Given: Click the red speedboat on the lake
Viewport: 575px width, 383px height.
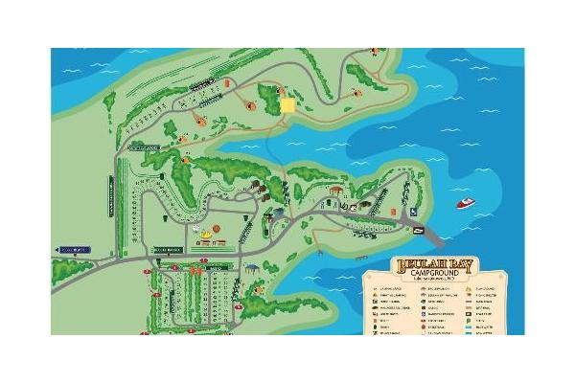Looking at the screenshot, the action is click(465, 203).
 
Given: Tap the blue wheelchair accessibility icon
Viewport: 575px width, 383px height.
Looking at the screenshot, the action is click(413, 212).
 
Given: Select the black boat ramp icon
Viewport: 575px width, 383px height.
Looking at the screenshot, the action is click(419, 231).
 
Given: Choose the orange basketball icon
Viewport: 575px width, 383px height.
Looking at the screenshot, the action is click(217, 228).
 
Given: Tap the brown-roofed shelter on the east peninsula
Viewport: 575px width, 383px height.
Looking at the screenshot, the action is click(336, 189).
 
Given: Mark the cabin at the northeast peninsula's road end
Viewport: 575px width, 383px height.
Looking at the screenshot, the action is click(356, 93).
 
